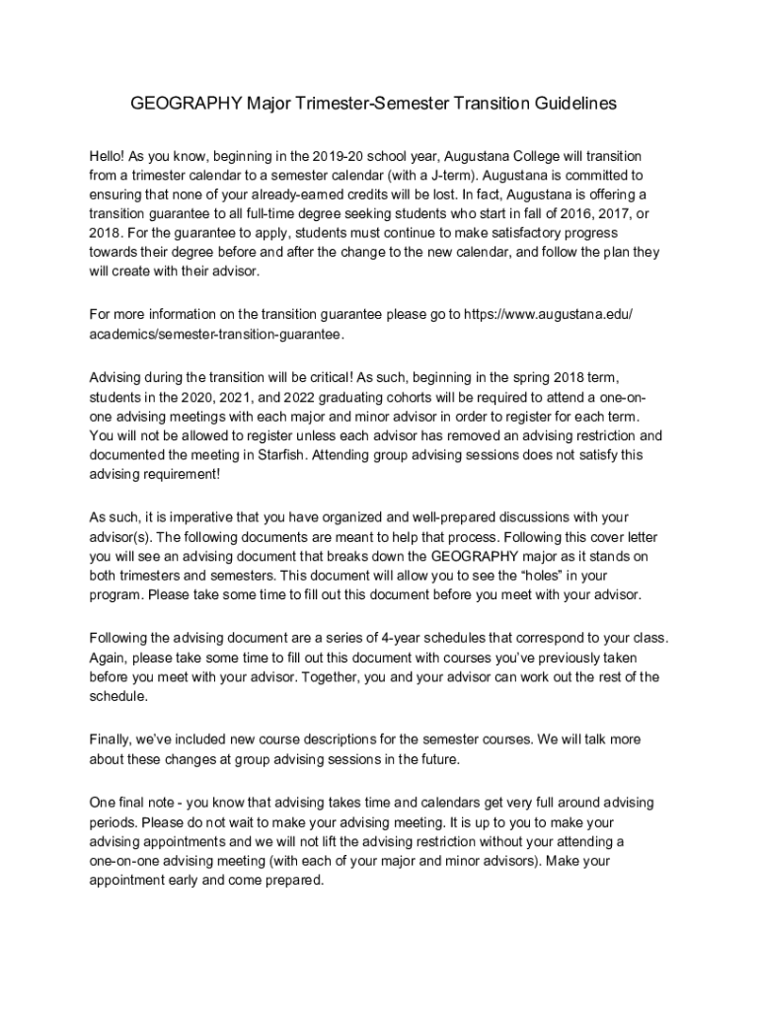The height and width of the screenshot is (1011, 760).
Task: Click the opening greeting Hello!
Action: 108,158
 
